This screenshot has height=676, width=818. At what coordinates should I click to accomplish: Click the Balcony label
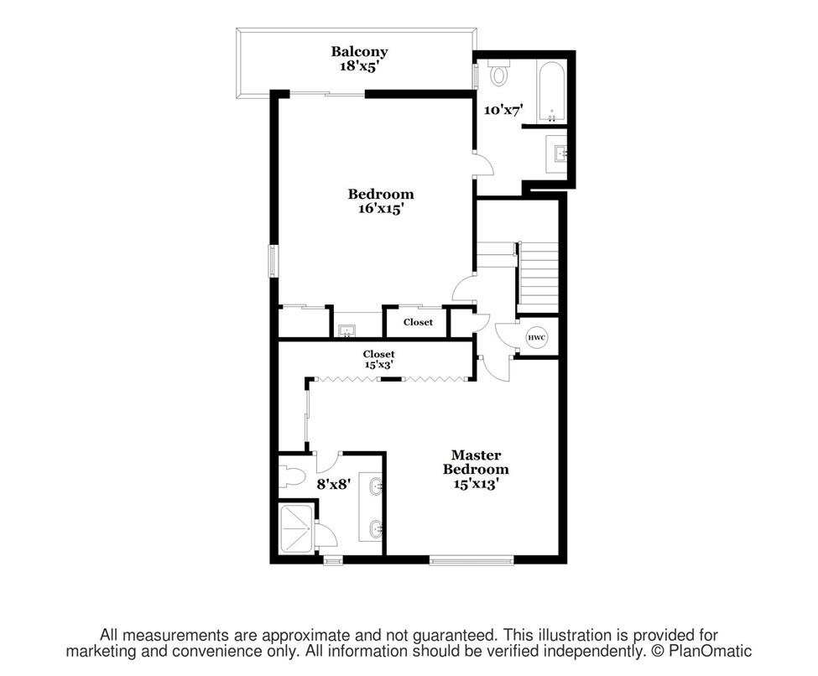point(359,52)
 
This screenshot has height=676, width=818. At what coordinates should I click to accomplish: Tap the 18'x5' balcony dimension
point(358,66)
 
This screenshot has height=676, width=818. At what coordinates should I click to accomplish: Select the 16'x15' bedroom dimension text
point(381,209)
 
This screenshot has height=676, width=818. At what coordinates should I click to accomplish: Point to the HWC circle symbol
point(536,337)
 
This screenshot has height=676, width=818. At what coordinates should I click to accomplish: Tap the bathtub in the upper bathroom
point(551,93)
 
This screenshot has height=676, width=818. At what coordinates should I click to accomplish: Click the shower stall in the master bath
point(297,528)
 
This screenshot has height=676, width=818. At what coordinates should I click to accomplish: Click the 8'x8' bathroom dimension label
point(333,484)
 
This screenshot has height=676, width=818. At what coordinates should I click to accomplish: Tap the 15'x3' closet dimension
point(378,365)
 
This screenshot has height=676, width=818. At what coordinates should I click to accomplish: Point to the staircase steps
point(537,278)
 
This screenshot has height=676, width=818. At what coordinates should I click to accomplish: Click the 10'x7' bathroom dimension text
point(503,110)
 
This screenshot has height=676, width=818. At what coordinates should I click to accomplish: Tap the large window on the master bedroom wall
point(472,561)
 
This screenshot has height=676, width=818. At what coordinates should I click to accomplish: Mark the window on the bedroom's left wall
point(273,261)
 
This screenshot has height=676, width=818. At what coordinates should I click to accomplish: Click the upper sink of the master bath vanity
point(376,486)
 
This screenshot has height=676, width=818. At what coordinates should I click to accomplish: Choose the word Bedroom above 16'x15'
point(381,194)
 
